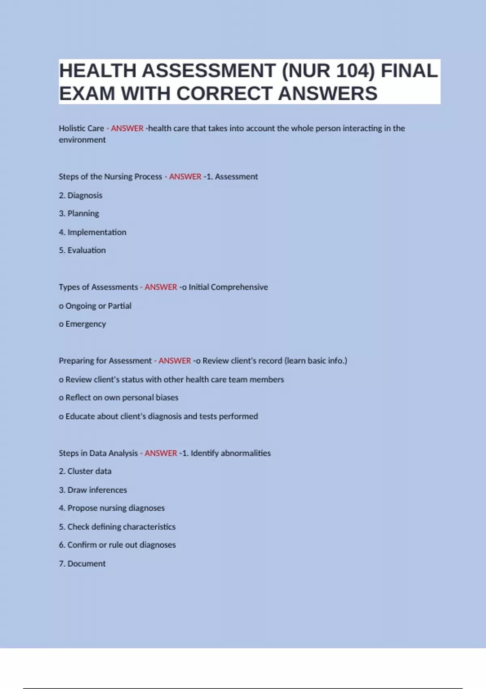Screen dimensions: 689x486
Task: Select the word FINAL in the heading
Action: [x=409, y=71]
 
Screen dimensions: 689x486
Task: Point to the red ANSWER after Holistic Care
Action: [x=127, y=128]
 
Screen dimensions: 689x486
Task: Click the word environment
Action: [x=82, y=140]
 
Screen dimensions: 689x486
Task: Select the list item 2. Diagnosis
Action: [x=81, y=195]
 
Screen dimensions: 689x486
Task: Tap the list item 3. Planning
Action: [x=79, y=214]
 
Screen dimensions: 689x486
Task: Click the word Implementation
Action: [x=97, y=232]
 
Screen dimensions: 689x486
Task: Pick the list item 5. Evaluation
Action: [x=82, y=250]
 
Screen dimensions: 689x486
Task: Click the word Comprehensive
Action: [x=239, y=287]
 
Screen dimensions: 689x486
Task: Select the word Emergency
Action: [x=86, y=324]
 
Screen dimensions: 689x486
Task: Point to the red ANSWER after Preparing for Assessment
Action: [x=175, y=361]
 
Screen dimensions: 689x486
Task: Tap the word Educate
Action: [x=80, y=416]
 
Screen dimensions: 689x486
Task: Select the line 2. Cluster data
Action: [x=85, y=471]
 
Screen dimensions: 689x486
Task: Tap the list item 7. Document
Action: [x=82, y=564]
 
